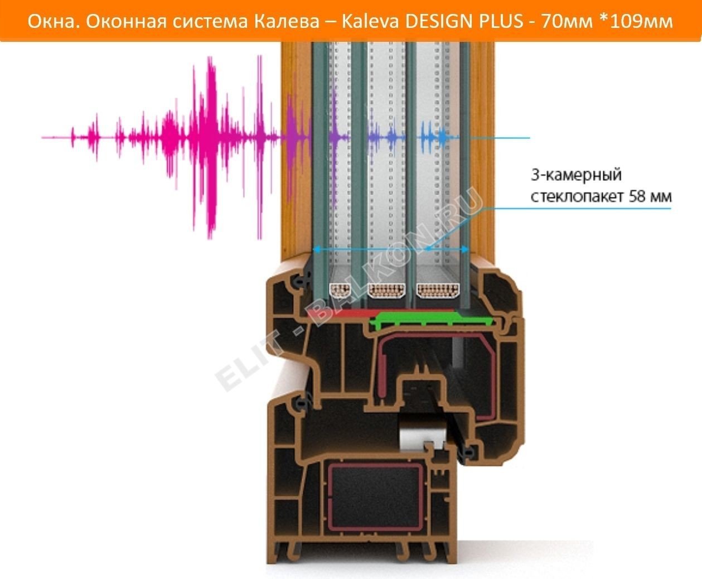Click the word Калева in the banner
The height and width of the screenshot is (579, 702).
tap(287, 22)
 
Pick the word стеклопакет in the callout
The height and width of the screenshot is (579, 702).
tap(577, 197)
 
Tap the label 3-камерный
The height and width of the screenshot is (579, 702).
tap(576, 175)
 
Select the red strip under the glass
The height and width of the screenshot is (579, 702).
tap(340, 314)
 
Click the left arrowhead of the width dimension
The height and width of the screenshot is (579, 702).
tap(317, 249)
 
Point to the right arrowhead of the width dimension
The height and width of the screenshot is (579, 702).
tap(465, 249)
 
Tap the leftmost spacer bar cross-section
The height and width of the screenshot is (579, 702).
tap(340, 291)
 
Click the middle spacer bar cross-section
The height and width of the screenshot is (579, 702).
tap(386, 291)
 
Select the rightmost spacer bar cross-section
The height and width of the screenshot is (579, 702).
tap(438, 291)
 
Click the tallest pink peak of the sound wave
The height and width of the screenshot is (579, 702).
tap(211, 148)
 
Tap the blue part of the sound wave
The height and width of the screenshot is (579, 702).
tap(437, 137)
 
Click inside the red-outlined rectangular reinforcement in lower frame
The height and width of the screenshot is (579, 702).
tap(375, 495)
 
